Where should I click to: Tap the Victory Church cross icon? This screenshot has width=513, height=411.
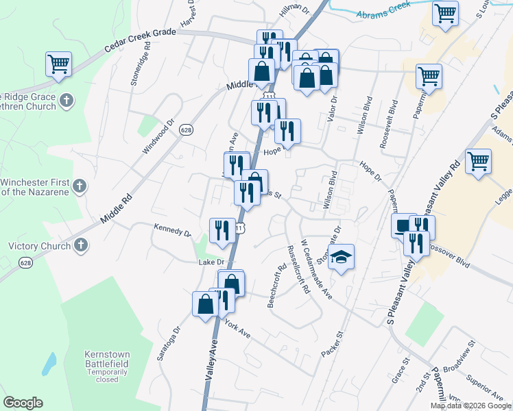81,245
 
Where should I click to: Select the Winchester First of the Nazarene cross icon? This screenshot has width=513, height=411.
80,186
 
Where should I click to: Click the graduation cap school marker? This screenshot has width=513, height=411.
342,258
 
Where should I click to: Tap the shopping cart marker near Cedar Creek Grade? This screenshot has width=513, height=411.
59,64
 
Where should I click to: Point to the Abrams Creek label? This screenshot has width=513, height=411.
383,9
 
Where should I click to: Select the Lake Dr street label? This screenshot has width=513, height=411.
211,262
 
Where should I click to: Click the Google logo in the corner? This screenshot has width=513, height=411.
23,403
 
